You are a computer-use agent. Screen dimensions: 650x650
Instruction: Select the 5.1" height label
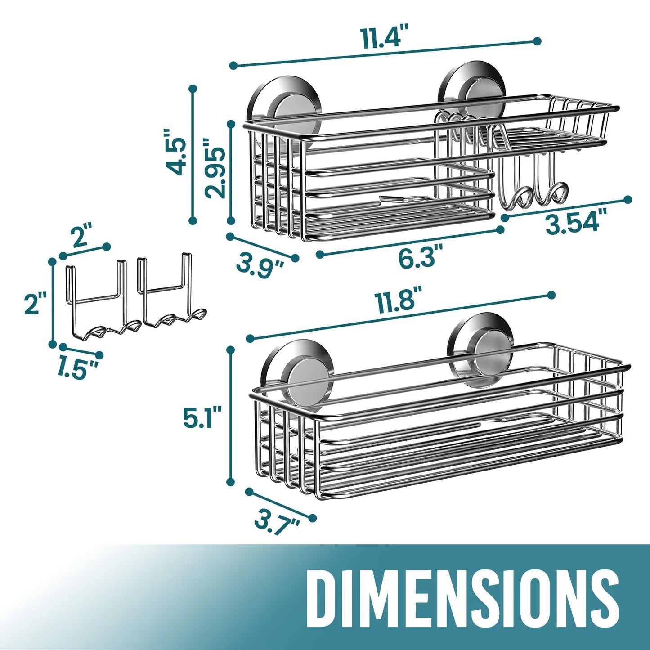[202, 417]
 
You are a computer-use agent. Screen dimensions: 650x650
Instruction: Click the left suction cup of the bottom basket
[298, 371]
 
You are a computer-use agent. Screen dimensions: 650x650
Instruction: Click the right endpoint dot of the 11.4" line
[537, 41]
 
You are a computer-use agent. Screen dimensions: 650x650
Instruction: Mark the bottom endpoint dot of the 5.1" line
[231, 482]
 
